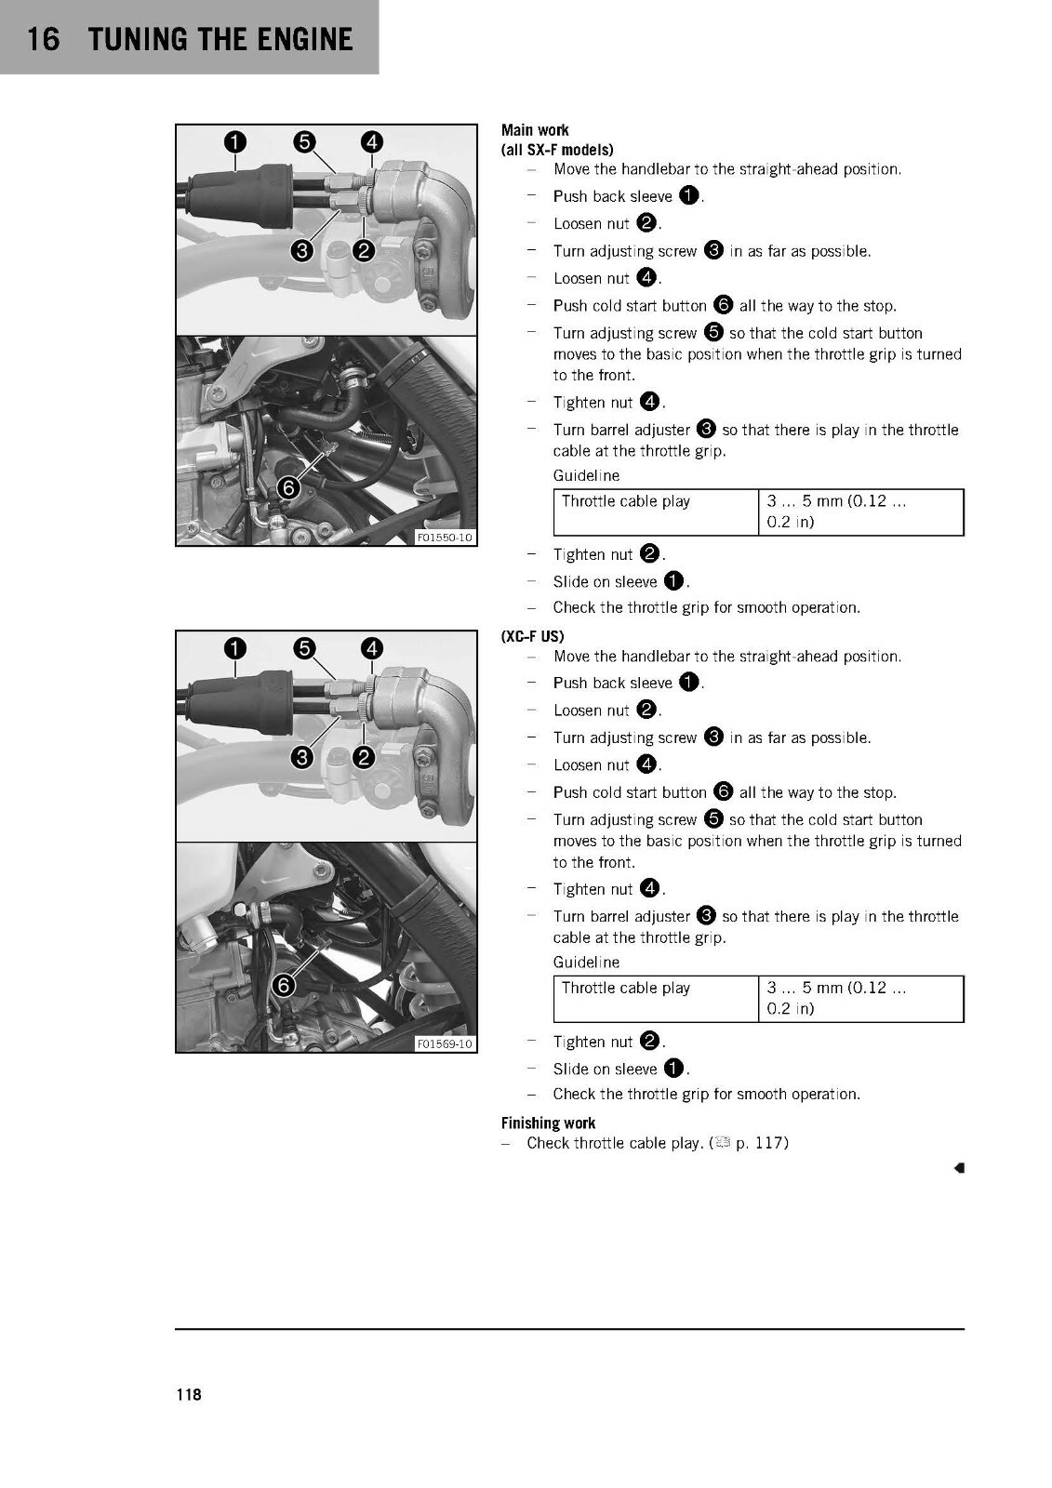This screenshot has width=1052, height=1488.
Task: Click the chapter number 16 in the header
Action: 43,39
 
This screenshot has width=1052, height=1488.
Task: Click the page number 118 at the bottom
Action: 189,1394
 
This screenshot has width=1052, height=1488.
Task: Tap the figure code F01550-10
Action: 445,537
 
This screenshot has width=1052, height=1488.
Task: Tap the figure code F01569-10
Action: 445,1043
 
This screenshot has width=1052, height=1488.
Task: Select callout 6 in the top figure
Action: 288,488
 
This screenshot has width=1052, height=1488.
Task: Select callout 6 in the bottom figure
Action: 284,985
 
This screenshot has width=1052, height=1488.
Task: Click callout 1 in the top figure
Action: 235,141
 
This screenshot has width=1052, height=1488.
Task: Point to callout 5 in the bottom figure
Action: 304,647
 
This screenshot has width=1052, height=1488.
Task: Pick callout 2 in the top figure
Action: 364,250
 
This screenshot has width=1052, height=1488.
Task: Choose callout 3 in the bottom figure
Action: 302,757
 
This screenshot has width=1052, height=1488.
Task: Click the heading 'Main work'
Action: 535,130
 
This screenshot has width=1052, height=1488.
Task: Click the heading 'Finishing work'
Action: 548,1123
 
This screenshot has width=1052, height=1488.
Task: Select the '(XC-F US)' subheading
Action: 532,636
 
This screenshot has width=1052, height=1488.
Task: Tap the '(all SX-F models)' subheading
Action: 557,150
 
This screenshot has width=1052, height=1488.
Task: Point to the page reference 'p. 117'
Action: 762,1143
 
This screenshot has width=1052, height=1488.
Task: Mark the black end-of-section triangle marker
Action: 959,1168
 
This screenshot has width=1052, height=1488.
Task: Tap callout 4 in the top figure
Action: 371,141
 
